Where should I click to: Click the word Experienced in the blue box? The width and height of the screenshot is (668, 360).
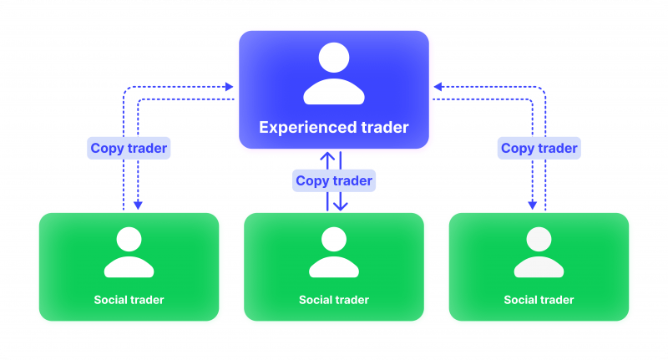pyautogui.click(x=305, y=128)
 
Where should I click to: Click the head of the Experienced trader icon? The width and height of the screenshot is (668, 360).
pyautogui.click(x=334, y=58)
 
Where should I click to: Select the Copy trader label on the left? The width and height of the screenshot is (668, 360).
pyautogui.click(x=129, y=149)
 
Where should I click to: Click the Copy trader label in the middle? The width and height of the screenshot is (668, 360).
pyautogui.click(x=334, y=180)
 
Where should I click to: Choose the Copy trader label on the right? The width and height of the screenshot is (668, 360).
pyautogui.click(x=539, y=149)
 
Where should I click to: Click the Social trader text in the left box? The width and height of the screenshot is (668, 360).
pyautogui.click(x=129, y=300)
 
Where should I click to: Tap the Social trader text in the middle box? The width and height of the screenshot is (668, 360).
pyautogui.click(x=334, y=300)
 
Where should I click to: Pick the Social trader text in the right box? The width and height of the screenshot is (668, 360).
pyautogui.click(x=539, y=300)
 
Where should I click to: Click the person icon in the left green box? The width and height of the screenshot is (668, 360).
pyautogui.click(x=129, y=252)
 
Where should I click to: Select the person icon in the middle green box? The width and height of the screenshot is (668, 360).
pyautogui.click(x=334, y=252)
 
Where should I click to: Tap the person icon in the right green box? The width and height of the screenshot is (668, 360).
pyautogui.click(x=539, y=252)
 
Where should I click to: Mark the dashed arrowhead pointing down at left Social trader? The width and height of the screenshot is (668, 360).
pyautogui.click(x=139, y=205)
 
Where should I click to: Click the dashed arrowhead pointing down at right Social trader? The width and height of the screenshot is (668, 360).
pyautogui.click(x=531, y=205)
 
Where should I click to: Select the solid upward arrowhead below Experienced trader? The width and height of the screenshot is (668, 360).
pyautogui.click(x=327, y=156)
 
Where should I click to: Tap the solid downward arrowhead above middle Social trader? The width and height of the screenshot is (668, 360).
pyautogui.click(x=341, y=205)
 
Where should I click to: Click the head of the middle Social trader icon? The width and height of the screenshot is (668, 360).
pyautogui.click(x=334, y=240)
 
